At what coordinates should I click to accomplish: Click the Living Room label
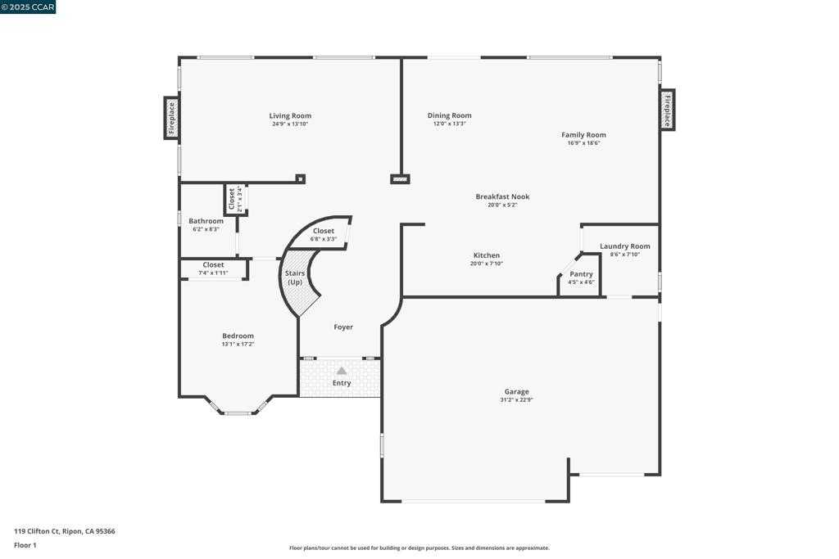pos(290,115)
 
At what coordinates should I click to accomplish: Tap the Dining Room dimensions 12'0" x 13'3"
pos(450,124)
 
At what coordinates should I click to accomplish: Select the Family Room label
pos(583,135)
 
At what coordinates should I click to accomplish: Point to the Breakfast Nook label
pos(502,196)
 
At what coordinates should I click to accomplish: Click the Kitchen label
pos(487,255)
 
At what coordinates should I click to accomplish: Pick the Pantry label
pos(581,274)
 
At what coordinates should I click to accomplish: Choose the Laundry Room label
pos(625,246)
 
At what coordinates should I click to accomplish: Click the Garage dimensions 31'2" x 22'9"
pos(516,399)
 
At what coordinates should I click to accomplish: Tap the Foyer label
pos(343,327)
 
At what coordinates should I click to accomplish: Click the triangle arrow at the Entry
pos(342,371)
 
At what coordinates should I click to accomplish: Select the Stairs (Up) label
pos(295,277)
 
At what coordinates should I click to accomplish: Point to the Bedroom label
pos(238,336)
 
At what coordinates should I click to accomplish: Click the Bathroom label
pos(206,221)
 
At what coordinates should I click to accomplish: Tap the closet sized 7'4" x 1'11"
pos(214,268)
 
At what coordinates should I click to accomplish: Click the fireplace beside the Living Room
pos(171,118)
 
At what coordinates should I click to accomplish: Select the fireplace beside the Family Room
pos(667,110)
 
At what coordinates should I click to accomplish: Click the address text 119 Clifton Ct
pos(37,531)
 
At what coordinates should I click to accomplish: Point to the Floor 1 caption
pos(25,545)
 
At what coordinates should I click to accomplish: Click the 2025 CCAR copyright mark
pos(28,7)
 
